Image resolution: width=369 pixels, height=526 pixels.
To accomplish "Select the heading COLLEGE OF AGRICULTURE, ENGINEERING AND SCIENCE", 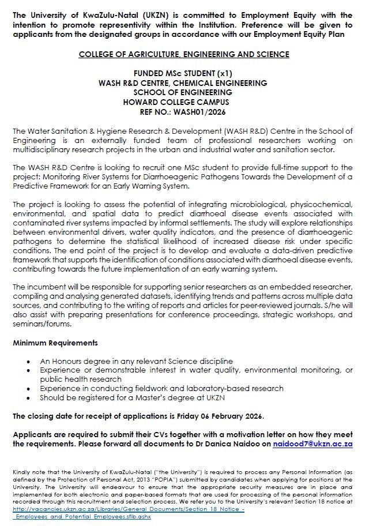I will tap(183, 54).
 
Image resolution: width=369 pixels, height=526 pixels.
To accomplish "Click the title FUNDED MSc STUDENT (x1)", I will tap(183, 74).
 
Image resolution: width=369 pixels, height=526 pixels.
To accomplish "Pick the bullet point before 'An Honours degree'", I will tap(29, 361).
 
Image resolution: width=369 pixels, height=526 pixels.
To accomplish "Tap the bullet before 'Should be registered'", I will tap(29, 398).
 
